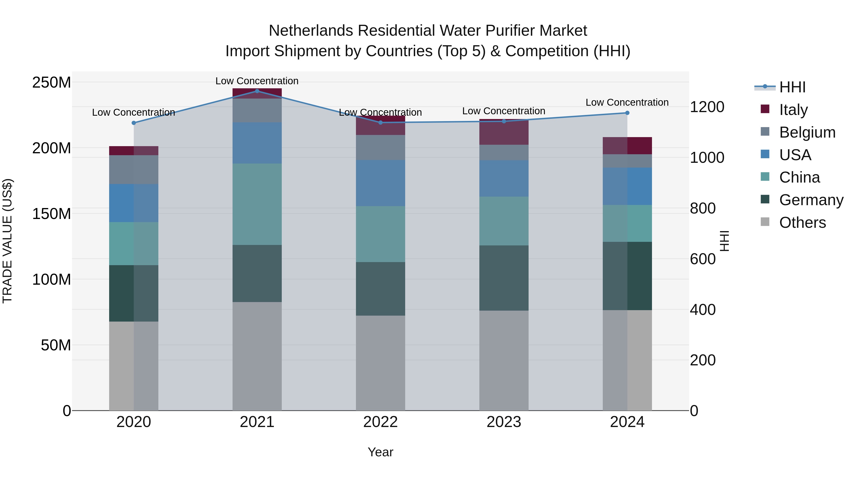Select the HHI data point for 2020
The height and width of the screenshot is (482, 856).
pos(134,123)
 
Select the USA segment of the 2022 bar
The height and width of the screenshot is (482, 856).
pos(380,183)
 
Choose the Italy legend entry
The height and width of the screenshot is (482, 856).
pos(793,109)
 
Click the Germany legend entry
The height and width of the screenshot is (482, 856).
pos(811,200)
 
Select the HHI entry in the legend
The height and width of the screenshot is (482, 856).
pos(792,87)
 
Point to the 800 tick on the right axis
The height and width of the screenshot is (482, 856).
pos(702,208)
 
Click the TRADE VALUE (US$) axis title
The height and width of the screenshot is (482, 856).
pos(7,241)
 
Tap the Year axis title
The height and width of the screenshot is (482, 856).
pos(380,452)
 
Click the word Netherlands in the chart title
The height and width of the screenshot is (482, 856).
pos(311,31)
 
